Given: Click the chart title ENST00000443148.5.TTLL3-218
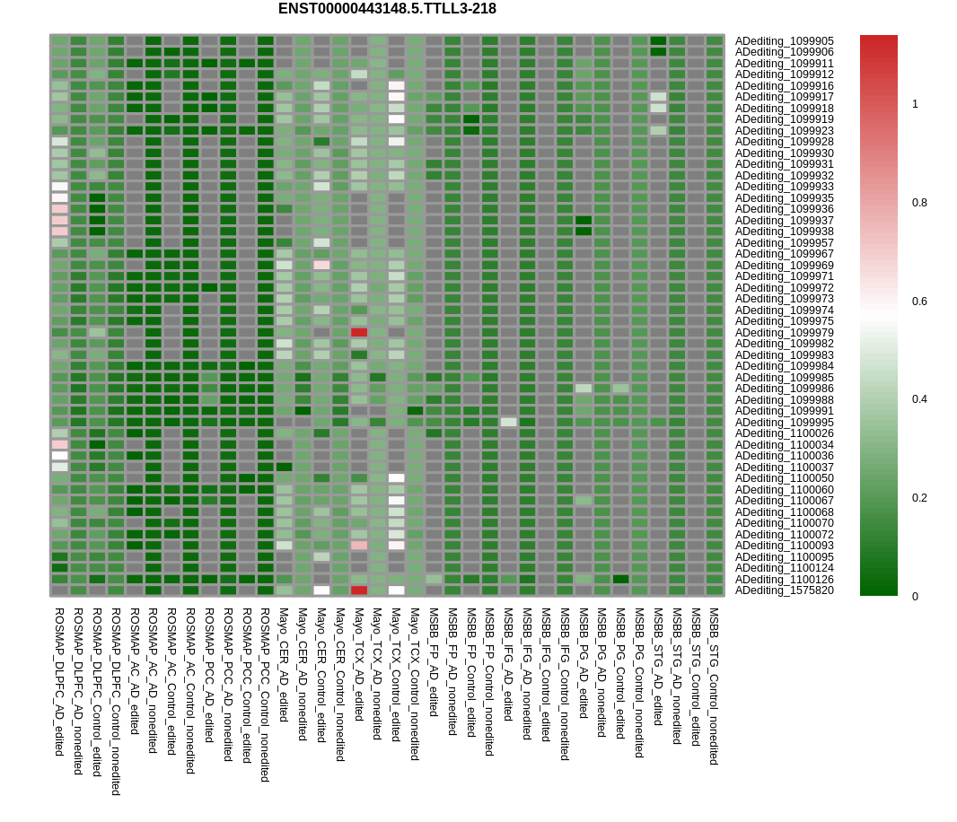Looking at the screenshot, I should pos(387,9).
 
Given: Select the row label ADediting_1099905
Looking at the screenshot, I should pos(784,41).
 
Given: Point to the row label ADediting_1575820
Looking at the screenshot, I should pos(784,590).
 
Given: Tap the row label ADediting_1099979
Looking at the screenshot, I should pos(784,333).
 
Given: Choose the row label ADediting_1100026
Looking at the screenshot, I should pos(784,433).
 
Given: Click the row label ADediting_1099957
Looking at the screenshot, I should pos(784,243).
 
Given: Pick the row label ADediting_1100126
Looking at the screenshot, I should pos(784,580).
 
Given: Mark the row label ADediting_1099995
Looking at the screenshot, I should pos(784,423).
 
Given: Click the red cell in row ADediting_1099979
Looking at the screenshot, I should pos(359,333).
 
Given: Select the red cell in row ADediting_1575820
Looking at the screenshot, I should pos(359,590).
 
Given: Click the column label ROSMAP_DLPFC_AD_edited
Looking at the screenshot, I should pos(59,681).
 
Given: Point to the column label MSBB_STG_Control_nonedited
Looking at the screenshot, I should pos(714,686).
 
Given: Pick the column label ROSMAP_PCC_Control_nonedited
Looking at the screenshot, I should pos(265,695).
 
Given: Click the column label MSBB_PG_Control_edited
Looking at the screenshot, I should pos(620,673).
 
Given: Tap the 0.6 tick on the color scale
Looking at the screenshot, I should pos(919,302).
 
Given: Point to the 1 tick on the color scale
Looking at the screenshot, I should pos(915,104).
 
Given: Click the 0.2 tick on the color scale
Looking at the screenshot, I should pos(919,498).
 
